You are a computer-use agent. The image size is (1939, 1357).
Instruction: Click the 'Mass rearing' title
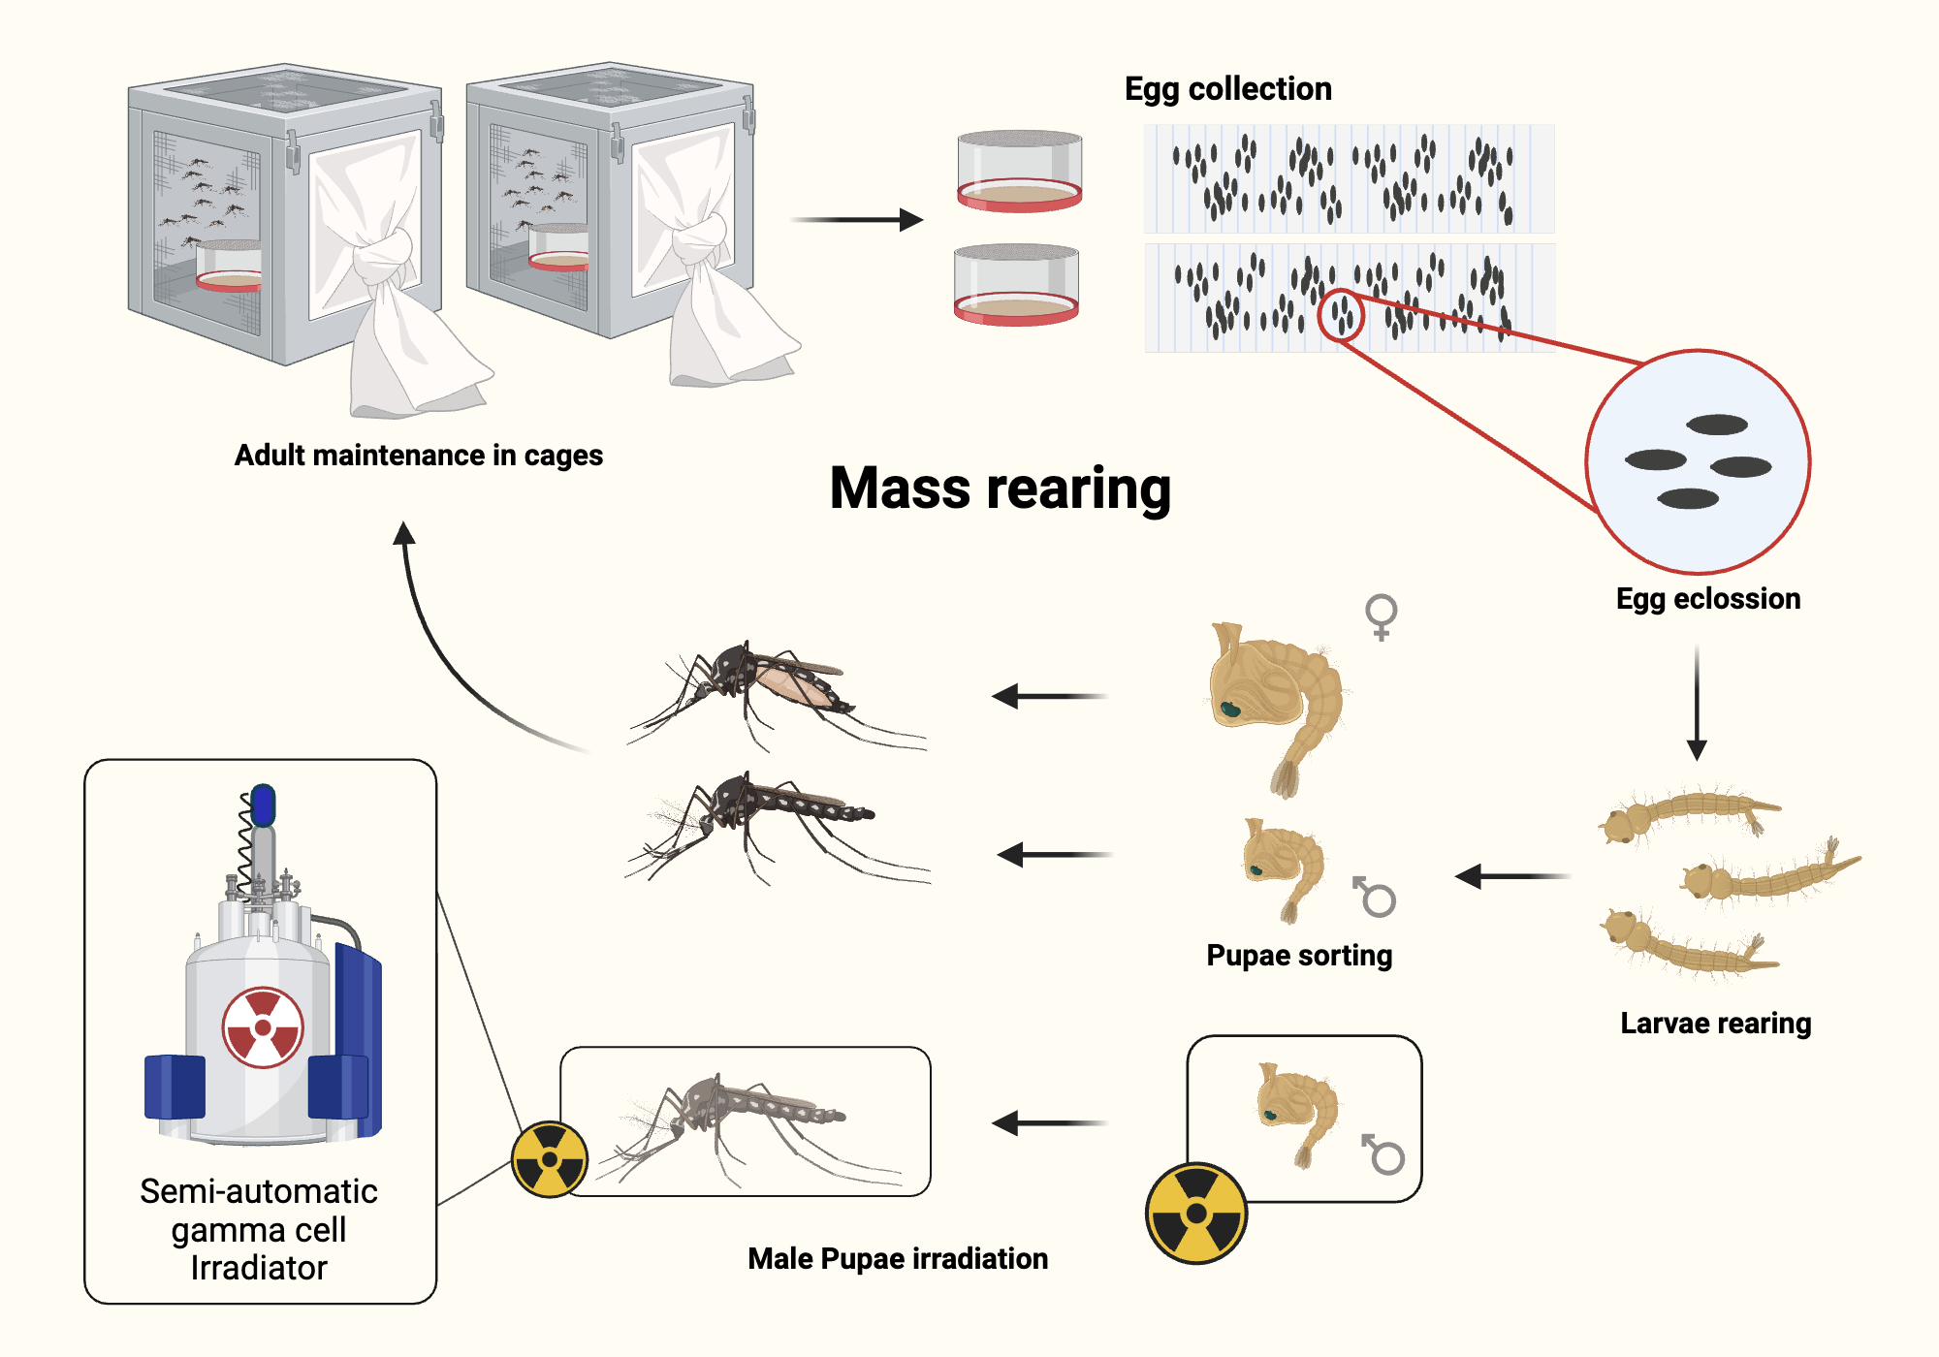pyautogui.click(x=1001, y=488)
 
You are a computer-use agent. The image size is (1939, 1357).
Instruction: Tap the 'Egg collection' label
pyautogui.click(x=1227, y=89)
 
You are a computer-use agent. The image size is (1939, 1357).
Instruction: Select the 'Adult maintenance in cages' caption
pyautogui.click(x=418, y=455)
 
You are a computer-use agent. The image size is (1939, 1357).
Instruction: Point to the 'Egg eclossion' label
pyautogui.click(x=1707, y=598)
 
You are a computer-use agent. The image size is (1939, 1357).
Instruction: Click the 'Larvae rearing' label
pyautogui.click(x=1715, y=1023)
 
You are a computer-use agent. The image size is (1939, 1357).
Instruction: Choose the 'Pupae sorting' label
pyautogui.click(x=1299, y=955)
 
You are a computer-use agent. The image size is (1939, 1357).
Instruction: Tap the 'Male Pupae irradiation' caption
pyautogui.click(x=898, y=1258)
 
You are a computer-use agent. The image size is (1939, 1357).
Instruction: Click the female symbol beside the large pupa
pyautogui.click(x=1382, y=616)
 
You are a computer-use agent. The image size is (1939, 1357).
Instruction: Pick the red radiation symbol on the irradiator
pyautogui.click(x=263, y=1027)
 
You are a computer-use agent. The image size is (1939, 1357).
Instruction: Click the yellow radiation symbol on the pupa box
pyautogui.click(x=1196, y=1213)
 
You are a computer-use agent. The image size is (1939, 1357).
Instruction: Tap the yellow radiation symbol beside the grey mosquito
pyautogui.click(x=550, y=1159)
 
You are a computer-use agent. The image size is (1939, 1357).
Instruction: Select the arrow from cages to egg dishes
pyautogui.click(x=857, y=220)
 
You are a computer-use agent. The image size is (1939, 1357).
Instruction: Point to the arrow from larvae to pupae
pyautogui.click(x=1512, y=876)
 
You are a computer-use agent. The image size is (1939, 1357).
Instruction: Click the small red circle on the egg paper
pyautogui.click(x=1342, y=315)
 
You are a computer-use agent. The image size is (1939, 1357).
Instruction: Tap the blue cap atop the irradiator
pyautogui.click(x=263, y=805)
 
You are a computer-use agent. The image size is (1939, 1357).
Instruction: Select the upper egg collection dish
pyautogui.click(x=1019, y=172)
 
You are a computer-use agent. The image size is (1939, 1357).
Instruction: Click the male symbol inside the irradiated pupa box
pyautogui.click(x=1383, y=1153)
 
